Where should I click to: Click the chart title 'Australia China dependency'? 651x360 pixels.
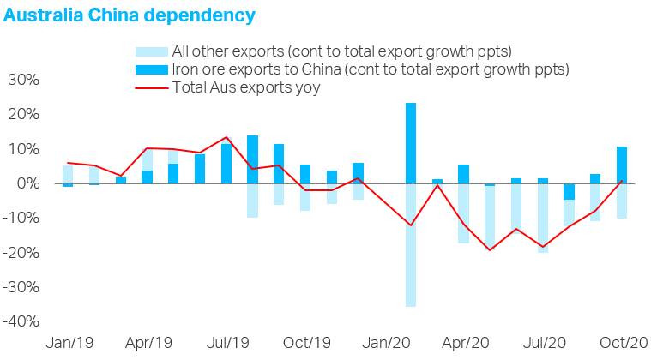tap(130, 15)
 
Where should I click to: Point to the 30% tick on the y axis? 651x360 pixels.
tap(23, 81)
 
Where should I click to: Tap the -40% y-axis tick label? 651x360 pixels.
tap(21, 321)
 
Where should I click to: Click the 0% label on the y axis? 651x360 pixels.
tap(27, 183)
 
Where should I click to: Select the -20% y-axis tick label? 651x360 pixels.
tap(21, 253)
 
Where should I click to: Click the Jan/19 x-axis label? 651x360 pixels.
tap(69, 342)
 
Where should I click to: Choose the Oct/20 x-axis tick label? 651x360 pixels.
tap(624, 342)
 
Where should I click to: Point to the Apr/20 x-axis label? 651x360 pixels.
tap(465, 342)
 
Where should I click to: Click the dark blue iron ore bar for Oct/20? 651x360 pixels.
tap(622, 165)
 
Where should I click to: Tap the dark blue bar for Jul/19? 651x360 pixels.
tap(226, 164)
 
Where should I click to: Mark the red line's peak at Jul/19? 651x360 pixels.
tap(226, 137)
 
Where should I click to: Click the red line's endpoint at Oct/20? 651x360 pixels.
tap(622, 180)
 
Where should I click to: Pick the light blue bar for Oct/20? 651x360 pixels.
tap(622, 201)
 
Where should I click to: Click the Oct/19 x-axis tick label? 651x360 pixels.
tap(306, 342)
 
